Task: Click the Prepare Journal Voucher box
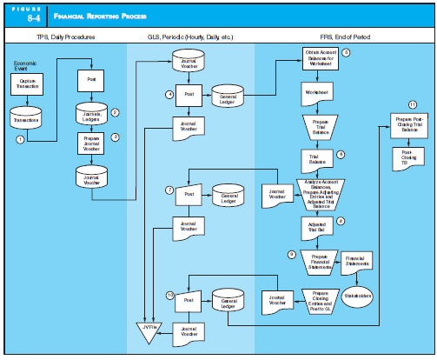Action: point(90,143)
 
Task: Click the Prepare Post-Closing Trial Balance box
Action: point(407,123)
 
